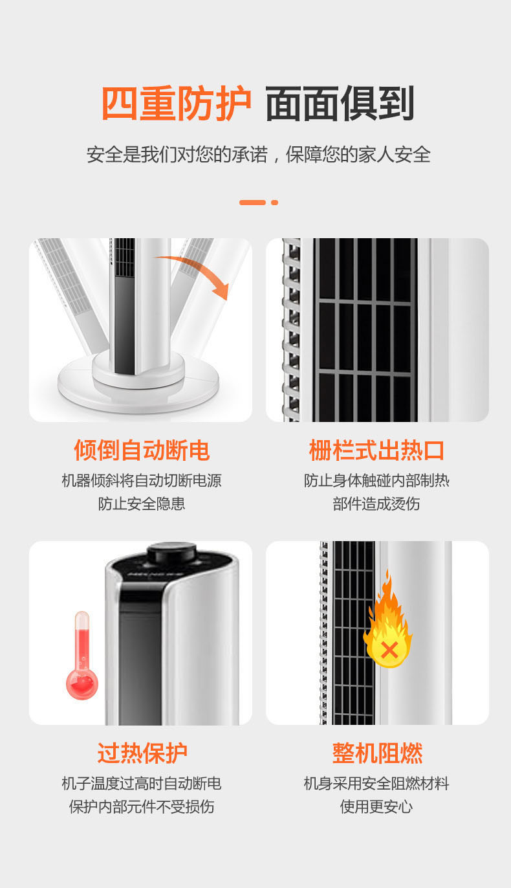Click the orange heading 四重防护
[x=177, y=103]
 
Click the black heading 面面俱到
[x=340, y=103]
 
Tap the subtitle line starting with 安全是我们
[x=258, y=154]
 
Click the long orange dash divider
[x=252, y=203]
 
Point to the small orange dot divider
[x=274, y=203]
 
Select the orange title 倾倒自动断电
[x=142, y=450]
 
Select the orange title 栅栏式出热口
[x=376, y=450]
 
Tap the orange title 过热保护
[x=142, y=753]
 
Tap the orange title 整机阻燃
[x=377, y=753]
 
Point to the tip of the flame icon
[x=388, y=570]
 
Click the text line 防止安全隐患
[x=142, y=504]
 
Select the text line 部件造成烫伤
[x=376, y=504]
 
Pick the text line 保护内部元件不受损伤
[x=142, y=806]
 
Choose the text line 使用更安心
[x=376, y=806]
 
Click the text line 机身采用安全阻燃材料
[x=376, y=783]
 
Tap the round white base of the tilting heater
[x=138, y=386]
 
